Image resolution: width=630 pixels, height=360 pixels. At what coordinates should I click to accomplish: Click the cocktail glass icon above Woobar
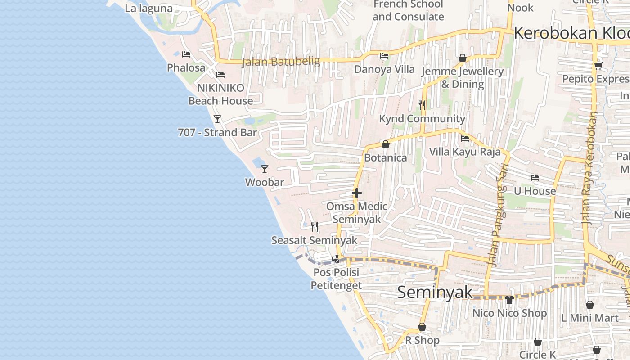click(265, 169)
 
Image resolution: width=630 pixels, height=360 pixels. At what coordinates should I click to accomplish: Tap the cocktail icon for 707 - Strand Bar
click(217, 119)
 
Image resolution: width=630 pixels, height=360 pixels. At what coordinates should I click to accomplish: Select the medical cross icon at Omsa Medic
click(357, 193)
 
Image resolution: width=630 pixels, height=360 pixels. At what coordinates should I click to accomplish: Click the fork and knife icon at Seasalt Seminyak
click(315, 227)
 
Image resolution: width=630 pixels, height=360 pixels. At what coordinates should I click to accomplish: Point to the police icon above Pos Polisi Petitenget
click(336, 259)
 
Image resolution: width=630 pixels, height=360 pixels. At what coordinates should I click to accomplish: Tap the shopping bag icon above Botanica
click(385, 144)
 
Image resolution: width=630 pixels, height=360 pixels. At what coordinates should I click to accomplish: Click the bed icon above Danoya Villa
click(384, 56)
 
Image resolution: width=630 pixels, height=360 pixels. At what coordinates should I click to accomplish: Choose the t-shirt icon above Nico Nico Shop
click(509, 299)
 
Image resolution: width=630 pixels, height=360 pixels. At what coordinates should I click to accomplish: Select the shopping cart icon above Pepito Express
click(598, 66)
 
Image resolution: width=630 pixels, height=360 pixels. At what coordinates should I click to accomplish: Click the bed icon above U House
click(535, 178)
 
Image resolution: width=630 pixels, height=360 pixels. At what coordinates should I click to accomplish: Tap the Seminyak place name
click(435, 292)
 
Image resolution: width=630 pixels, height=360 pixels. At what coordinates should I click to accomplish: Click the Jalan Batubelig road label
click(281, 62)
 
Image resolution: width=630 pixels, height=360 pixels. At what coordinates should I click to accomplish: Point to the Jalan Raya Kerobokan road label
click(590, 167)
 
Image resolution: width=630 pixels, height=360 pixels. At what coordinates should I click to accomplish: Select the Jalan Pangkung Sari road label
click(496, 215)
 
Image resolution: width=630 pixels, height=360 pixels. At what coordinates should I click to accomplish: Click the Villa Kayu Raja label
click(465, 152)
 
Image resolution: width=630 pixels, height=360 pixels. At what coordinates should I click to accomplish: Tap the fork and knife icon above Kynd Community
click(422, 105)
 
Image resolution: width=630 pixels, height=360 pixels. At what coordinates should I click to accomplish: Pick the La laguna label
click(148, 8)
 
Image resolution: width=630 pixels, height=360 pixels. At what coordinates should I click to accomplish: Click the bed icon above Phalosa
click(186, 54)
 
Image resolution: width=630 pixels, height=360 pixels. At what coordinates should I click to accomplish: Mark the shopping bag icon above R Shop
click(422, 327)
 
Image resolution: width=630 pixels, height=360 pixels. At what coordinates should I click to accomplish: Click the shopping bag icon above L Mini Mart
click(590, 305)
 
